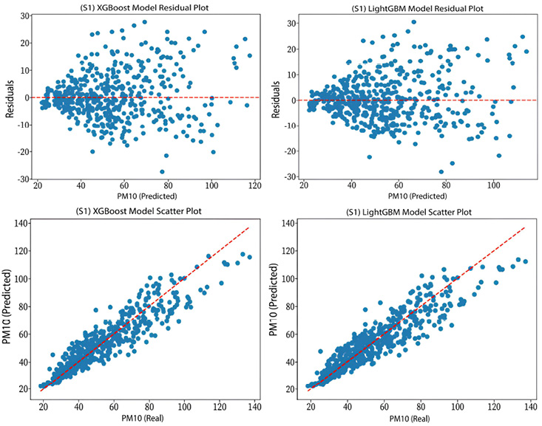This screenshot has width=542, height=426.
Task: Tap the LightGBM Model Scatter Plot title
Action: tap(412, 213)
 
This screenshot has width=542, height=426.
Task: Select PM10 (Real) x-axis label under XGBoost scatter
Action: tap(145, 419)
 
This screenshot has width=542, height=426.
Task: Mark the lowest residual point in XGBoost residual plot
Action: tap(163, 171)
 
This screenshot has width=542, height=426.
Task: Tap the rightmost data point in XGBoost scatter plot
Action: tap(249, 257)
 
